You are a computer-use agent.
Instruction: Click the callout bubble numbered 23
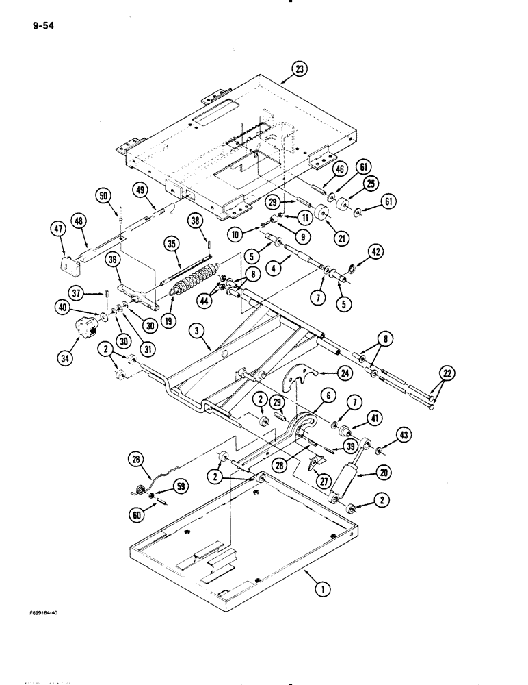(x=299, y=68)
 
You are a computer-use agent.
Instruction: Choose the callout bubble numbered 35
(x=170, y=243)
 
